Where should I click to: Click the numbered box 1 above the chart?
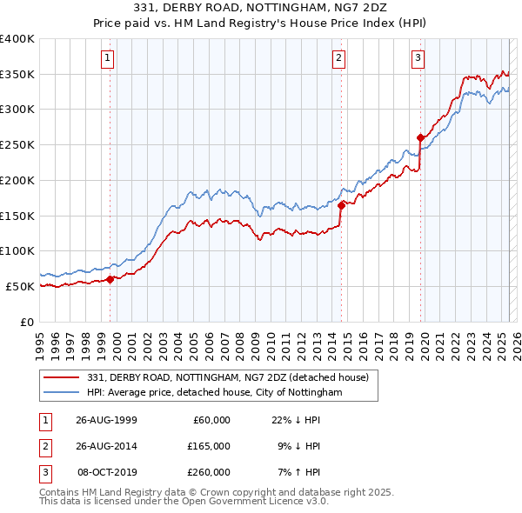point(107,58)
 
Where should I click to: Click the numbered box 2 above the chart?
point(338,58)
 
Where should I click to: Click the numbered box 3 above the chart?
point(418,58)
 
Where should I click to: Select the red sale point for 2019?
point(420,137)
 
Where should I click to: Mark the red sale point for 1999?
point(110,279)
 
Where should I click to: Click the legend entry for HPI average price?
point(215,392)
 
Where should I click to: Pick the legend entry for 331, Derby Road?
point(228,377)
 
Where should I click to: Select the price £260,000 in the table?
point(210,472)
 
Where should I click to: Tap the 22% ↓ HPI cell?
point(297,419)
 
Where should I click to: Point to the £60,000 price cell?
point(210,419)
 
